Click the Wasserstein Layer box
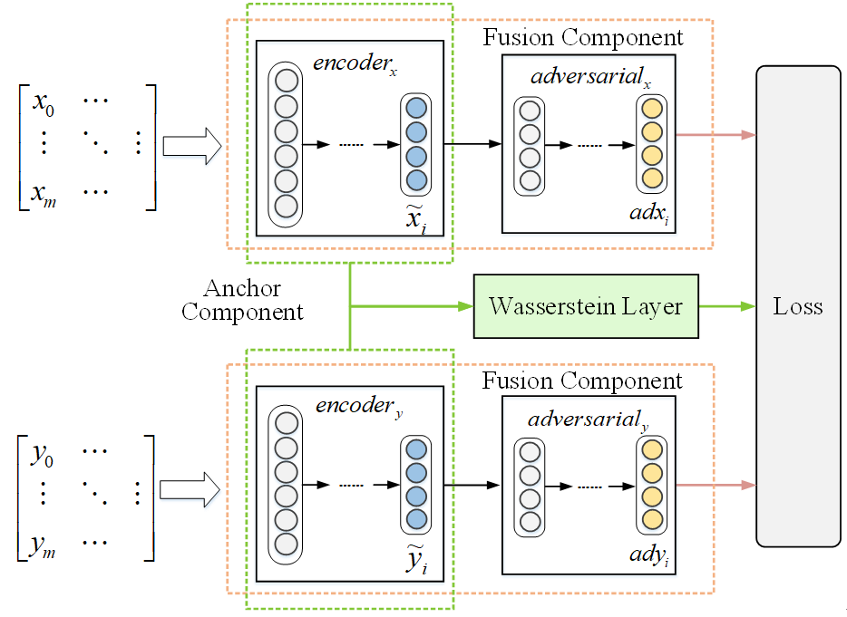pos(586,306)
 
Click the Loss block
pos(798,306)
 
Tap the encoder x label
pos(355,64)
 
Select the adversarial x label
pos(591,78)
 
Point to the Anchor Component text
pos(242,300)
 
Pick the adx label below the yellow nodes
pos(651,215)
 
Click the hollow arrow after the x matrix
pos(191,145)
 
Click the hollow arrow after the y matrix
pos(190,489)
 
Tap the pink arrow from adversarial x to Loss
pos(716,135)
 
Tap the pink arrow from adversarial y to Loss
pos(716,485)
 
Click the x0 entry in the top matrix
pos(44,102)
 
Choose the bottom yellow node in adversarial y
pos(651,519)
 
